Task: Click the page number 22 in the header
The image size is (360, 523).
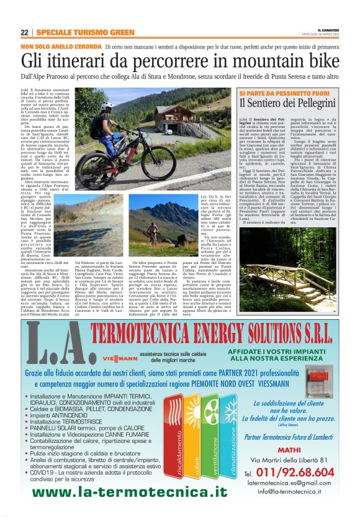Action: point(24,32)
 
